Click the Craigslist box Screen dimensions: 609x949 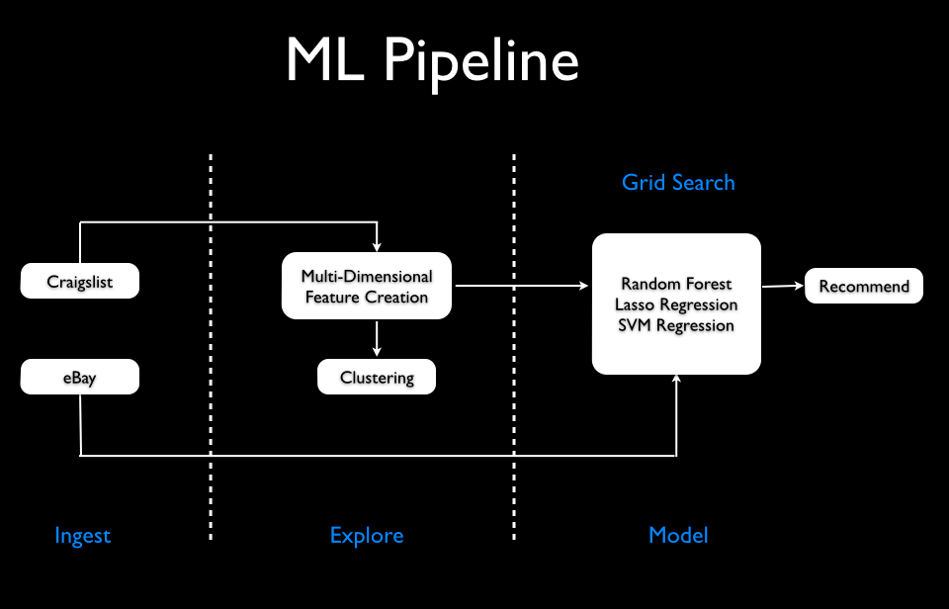pos(80,282)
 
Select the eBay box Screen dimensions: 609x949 pos(80,378)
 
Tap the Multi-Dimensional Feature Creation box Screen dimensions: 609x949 pos(367,287)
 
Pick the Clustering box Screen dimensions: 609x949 pos(376,378)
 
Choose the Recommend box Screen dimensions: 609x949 pos(864,286)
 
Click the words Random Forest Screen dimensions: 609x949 pos(676,284)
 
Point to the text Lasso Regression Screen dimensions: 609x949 pos(676,304)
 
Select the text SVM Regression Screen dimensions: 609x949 pos(676,325)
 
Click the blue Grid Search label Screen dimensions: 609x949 pos(678,183)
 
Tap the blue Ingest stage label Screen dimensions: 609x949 pos(83,536)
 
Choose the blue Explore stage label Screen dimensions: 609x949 pos(367,536)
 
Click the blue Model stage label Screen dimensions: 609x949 pos(678,536)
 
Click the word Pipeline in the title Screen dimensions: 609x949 pos(481,61)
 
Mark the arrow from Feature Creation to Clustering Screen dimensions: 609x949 pos(377,338)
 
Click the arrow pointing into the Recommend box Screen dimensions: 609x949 pos(783,286)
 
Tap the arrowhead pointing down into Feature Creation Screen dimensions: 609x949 pos(377,246)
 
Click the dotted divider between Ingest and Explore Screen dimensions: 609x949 pos(211,346)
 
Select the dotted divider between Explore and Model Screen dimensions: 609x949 pos(514,346)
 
